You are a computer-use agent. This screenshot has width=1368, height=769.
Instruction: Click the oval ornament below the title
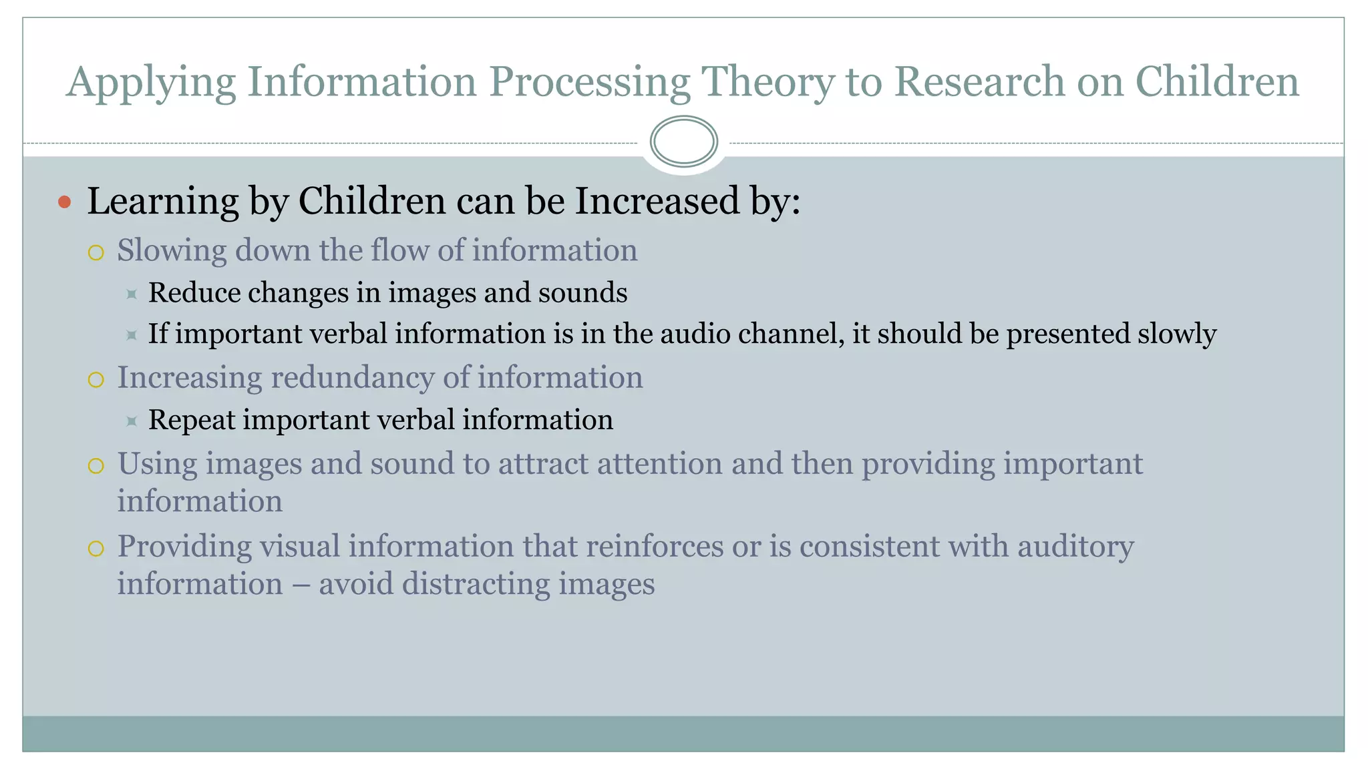[683, 142]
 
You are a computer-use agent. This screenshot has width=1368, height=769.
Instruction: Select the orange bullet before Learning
[64, 202]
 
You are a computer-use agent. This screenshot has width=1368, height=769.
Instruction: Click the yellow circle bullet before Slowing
[96, 253]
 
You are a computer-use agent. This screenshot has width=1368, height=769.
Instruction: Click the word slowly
[1177, 334]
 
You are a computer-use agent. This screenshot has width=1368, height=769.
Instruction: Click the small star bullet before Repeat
[132, 421]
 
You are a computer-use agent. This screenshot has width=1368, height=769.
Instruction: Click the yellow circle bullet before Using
[96, 466]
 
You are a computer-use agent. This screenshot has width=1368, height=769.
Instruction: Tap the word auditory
[1075, 547]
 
